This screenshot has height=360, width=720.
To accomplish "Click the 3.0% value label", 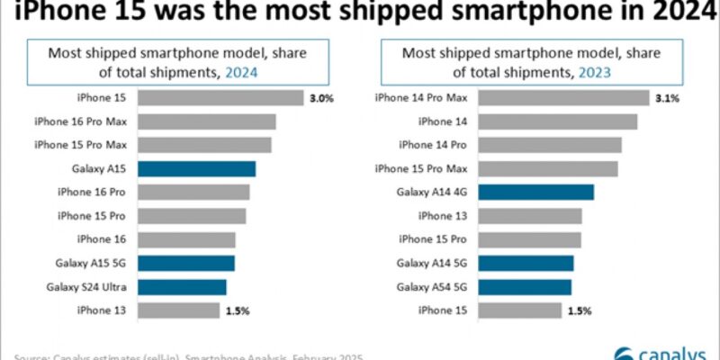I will [321, 98].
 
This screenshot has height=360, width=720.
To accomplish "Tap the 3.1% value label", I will [667, 98].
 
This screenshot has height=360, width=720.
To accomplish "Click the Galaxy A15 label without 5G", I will [99, 168].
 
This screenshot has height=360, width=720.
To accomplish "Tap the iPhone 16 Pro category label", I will [92, 192].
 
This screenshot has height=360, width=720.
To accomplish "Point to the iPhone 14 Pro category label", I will [433, 145].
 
